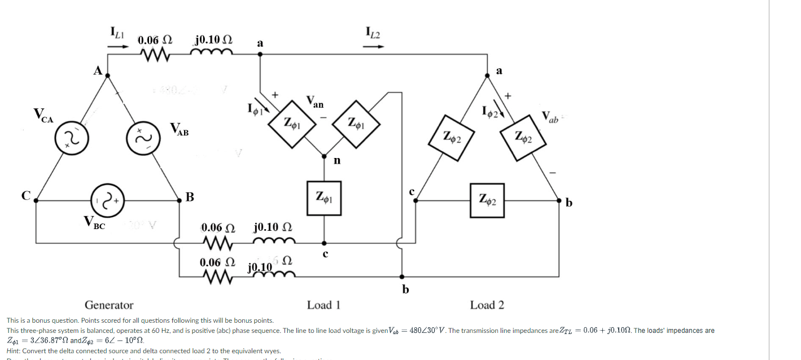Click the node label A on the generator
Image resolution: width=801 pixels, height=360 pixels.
point(98,71)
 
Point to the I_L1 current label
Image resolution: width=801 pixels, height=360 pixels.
point(117,33)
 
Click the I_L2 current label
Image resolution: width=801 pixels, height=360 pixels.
point(373,33)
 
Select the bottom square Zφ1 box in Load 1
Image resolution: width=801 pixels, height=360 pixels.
point(324,198)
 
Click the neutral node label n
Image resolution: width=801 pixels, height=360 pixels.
point(337,160)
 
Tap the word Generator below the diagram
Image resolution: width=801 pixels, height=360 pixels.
point(109,305)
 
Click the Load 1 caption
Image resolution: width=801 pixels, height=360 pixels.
point(323,305)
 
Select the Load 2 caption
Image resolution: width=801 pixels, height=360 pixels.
point(487,305)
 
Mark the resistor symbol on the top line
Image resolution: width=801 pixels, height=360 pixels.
point(156,55)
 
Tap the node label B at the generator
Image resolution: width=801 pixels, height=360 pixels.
point(190,197)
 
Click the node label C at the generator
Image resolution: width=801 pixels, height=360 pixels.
point(25,196)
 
